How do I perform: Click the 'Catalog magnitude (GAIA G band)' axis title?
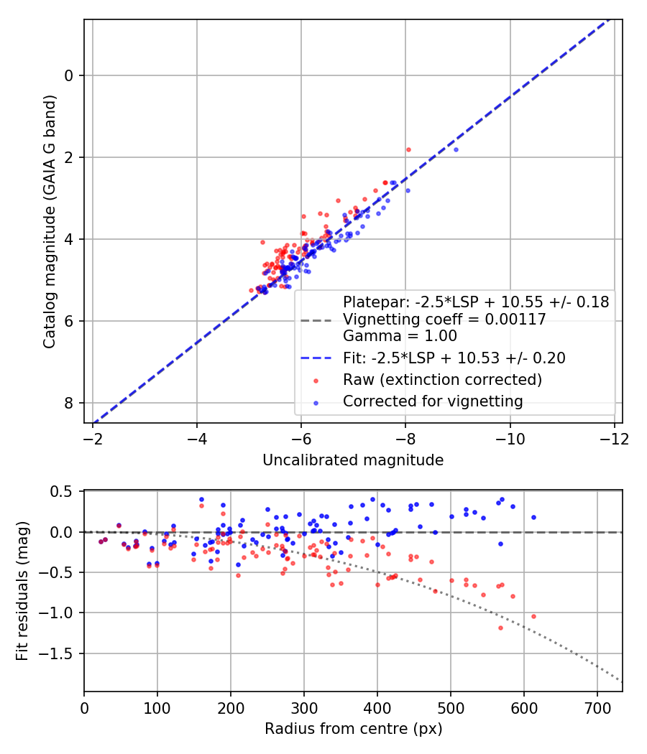tap(50, 221)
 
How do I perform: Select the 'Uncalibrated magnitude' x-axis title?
tap(353, 460)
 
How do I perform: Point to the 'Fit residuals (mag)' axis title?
tap(22, 591)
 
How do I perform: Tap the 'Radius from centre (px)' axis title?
tap(353, 729)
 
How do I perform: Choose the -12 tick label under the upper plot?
tap(614, 439)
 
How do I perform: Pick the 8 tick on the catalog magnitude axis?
tap(69, 403)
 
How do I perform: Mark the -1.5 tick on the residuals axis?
tap(56, 653)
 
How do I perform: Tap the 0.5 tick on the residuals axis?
tap(60, 491)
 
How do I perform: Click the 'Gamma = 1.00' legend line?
tap(400, 335)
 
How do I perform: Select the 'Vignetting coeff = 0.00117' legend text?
tap(444, 320)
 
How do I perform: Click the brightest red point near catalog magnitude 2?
tap(409, 149)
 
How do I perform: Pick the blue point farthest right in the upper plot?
tap(456, 149)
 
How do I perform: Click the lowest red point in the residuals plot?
tap(500, 628)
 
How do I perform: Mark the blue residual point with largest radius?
tap(533, 518)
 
